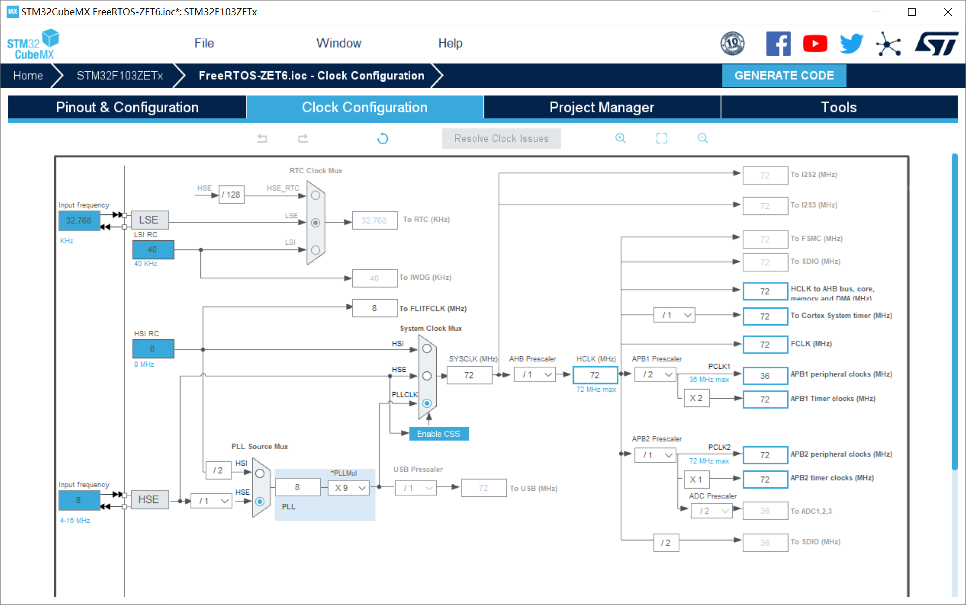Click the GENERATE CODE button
[x=783, y=76]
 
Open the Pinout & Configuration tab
[x=127, y=107]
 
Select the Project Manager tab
[x=601, y=107]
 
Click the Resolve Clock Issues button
[x=501, y=139]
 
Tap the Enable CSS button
[x=438, y=434]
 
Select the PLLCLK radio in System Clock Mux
[x=427, y=403]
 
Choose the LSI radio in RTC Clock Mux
[x=316, y=250]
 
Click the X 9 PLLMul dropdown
[x=350, y=488]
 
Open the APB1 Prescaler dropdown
[x=656, y=375]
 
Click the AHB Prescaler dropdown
[x=535, y=375]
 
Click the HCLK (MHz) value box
[x=595, y=375]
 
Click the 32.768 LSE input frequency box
[x=79, y=220]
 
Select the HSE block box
[x=149, y=500]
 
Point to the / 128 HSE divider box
[x=231, y=195]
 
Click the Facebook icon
[x=778, y=44]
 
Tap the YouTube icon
[x=815, y=44]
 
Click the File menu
[x=204, y=43]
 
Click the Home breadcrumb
[x=28, y=76]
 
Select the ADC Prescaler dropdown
[x=712, y=511]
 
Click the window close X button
[x=948, y=12]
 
